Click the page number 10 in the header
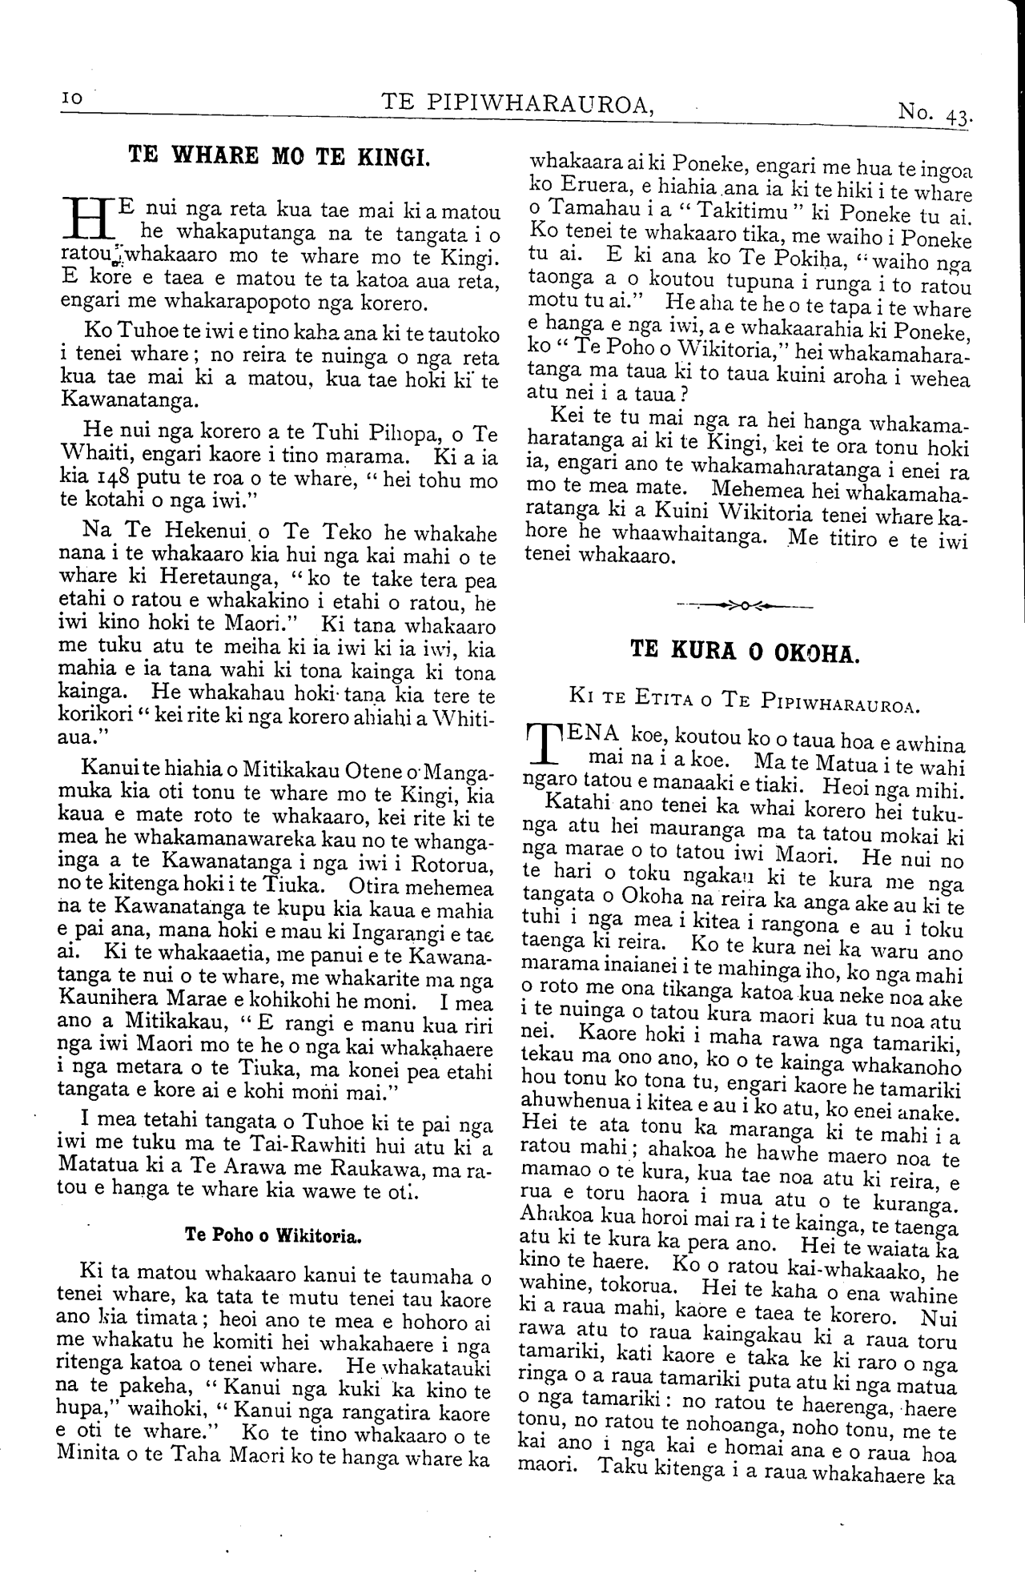point(71,98)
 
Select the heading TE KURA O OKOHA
point(745,650)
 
